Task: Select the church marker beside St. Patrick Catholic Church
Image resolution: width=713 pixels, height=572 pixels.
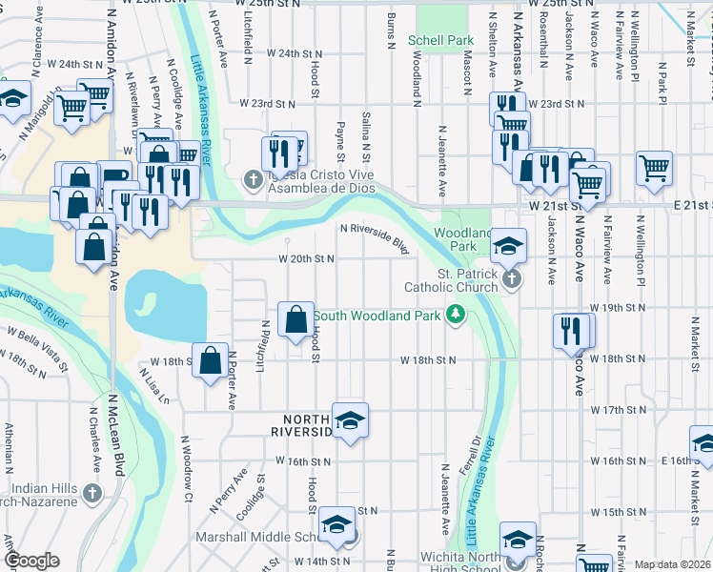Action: tap(512, 279)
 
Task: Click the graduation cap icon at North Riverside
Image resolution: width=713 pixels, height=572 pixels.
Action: tap(350, 419)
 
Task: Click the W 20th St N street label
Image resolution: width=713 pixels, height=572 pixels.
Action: tap(307, 258)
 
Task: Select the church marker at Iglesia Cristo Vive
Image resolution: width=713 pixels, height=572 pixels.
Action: tap(253, 178)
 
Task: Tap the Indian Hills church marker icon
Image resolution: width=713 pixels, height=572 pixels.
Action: tap(92, 493)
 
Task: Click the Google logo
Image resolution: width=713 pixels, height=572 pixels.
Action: tap(31, 562)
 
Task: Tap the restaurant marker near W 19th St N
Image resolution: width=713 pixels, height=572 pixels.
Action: tap(570, 330)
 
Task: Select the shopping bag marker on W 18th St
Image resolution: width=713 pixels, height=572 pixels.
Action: tap(210, 359)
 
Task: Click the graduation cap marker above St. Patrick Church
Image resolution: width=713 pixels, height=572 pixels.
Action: tap(509, 246)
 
